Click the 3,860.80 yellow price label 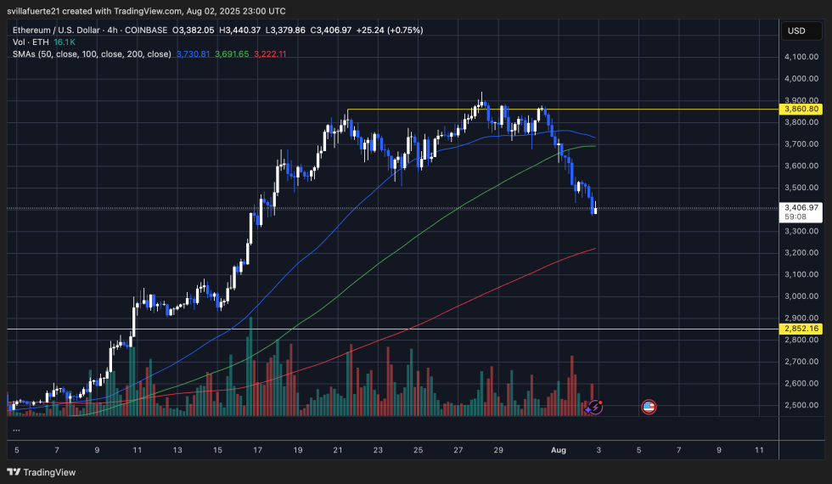tap(802, 110)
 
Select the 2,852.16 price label tap(802, 329)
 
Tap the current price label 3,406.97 tap(802, 207)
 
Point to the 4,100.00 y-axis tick tap(802, 57)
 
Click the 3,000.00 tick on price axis tap(802, 296)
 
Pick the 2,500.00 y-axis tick tap(802, 405)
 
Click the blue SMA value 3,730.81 tap(193, 54)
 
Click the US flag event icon tap(649, 408)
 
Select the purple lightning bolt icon tap(596, 408)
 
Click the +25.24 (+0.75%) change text tap(385, 30)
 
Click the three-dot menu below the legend tap(17, 430)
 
